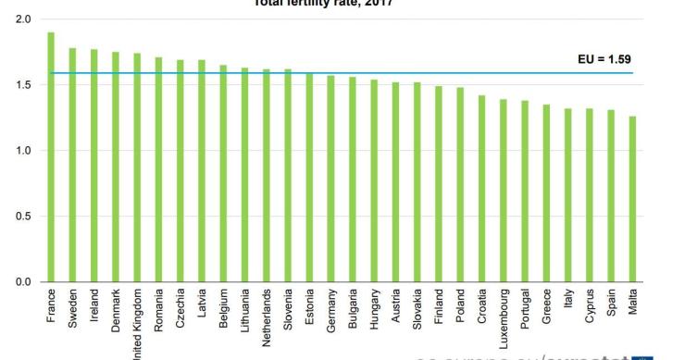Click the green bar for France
pyautogui.click(x=51, y=157)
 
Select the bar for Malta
pyautogui.click(x=632, y=199)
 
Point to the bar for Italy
pyautogui.click(x=567, y=195)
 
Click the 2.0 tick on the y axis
pyautogui.click(x=22, y=19)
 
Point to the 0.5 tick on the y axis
pyautogui.click(x=22, y=217)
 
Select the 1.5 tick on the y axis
pyautogui.click(x=22, y=85)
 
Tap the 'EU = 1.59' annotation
pyautogui.click(x=604, y=59)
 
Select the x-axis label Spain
pyautogui.click(x=611, y=303)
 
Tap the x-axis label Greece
pyautogui.click(x=546, y=305)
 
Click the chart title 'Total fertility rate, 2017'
pyautogui.click(x=342, y=4)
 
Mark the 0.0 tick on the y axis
pyautogui.click(x=22, y=282)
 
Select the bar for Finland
pyautogui.click(x=439, y=184)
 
